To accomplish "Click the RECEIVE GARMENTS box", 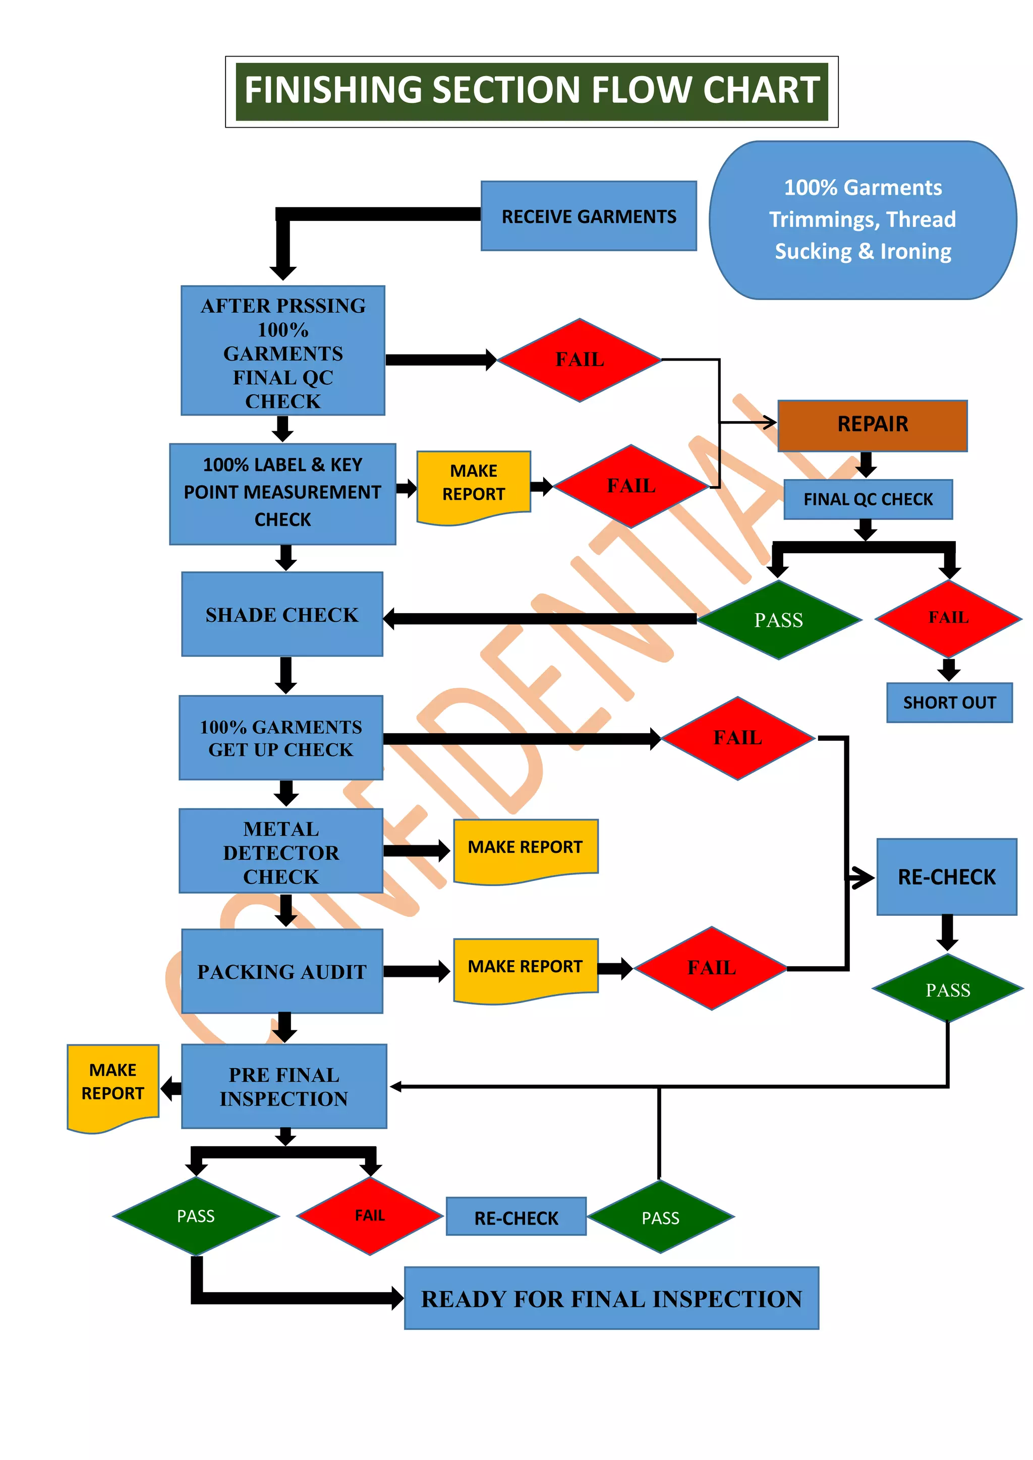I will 589,216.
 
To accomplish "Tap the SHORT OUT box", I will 949,703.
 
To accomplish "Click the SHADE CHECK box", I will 282,614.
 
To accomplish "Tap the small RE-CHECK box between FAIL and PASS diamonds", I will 516,1217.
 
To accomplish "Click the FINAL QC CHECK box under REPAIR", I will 868,499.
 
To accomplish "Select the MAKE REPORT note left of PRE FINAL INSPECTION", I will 112,1084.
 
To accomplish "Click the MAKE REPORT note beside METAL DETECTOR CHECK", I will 526,848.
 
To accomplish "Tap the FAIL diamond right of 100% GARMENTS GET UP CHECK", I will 737,738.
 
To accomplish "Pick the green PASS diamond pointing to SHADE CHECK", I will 779,619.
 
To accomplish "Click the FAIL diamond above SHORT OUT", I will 948,617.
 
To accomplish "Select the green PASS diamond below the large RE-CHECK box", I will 947,989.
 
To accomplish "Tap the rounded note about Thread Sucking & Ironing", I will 863,219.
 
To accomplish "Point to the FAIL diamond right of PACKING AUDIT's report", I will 711,968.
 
